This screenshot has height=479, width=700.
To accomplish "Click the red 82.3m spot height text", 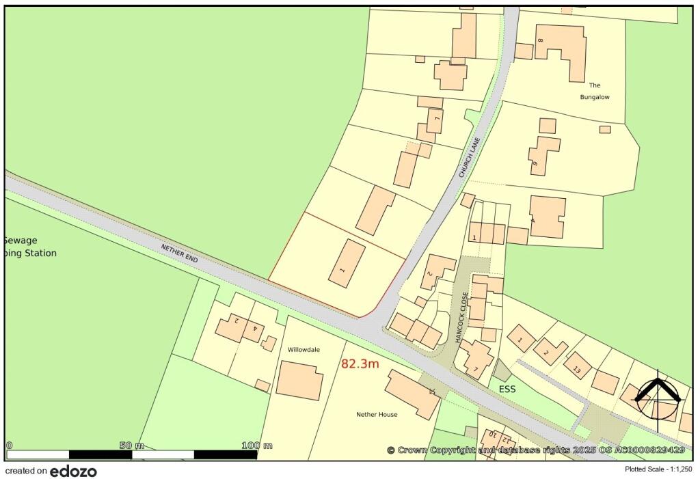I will pos(360,364).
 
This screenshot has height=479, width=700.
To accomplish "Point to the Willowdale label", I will pos(304,349).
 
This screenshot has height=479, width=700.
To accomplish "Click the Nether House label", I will pos(377,415).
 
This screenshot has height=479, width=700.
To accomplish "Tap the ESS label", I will pos(507,389).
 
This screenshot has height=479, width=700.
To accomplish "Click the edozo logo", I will pos(73,471).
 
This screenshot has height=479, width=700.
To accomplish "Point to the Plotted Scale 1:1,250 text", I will pos(658,469).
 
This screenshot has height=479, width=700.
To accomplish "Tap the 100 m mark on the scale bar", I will pos(257,446).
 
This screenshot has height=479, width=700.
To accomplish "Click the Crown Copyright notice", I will pos(536,450).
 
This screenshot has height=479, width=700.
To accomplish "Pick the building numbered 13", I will pos(578,366).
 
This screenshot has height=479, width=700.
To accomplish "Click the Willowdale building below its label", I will pos(299,381).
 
